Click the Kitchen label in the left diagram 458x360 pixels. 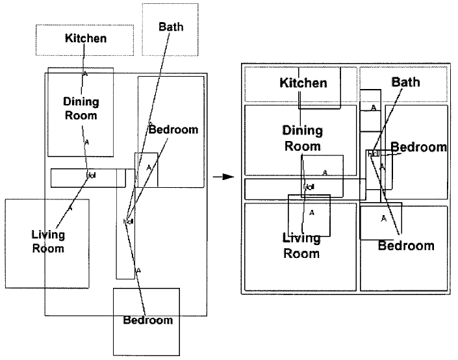click(x=85, y=38)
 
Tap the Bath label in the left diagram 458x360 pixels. click(x=171, y=27)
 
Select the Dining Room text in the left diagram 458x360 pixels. click(x=81, y=109)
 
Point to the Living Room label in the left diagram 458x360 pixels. click(x=48, y=241)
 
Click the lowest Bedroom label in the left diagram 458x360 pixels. click(x=148, y=320)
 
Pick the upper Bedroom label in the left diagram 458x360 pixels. click(x=173, y=129)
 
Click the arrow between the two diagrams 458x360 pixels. click(x=223, y=177)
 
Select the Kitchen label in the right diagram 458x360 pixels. click(x=303, y=83)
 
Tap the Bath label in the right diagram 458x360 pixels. click(x=405, y=82)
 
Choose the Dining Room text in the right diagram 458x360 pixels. click(x=303, y=138)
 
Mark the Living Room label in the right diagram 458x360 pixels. click(x=301, y=246)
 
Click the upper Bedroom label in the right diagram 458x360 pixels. click(x=418, y=147)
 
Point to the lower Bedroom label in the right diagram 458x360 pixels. click(x=406, y=246)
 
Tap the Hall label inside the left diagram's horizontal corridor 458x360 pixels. click(x=91, y=175)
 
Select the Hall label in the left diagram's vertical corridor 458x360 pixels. click(x=128, y=222)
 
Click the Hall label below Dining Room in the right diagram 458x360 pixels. click(x=309, y=187)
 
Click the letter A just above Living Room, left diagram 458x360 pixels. click(x=70, y=208)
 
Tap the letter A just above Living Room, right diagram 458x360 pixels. click(x=311, y=212)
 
